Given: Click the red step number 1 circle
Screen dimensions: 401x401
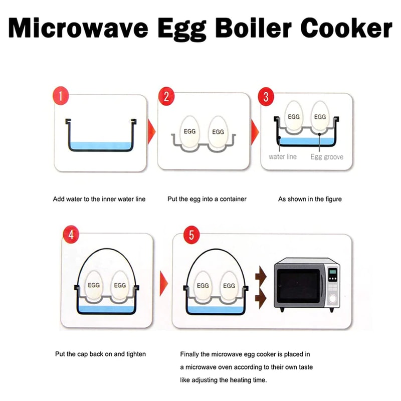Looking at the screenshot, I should tap(60, 97).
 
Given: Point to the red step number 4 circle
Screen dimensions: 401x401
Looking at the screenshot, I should tap(71, 235).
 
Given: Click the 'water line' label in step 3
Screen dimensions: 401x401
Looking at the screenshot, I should tap(283, 157).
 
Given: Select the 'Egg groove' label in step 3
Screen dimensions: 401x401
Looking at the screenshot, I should tap(327, 157).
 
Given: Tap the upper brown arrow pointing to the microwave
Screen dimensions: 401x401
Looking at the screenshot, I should tap(261, 275).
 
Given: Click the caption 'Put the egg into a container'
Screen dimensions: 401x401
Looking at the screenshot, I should tap(207, 199).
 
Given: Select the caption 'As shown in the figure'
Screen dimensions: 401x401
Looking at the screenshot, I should tap(310, 199).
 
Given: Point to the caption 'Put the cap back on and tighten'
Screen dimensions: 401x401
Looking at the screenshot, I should tap(100, 354).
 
